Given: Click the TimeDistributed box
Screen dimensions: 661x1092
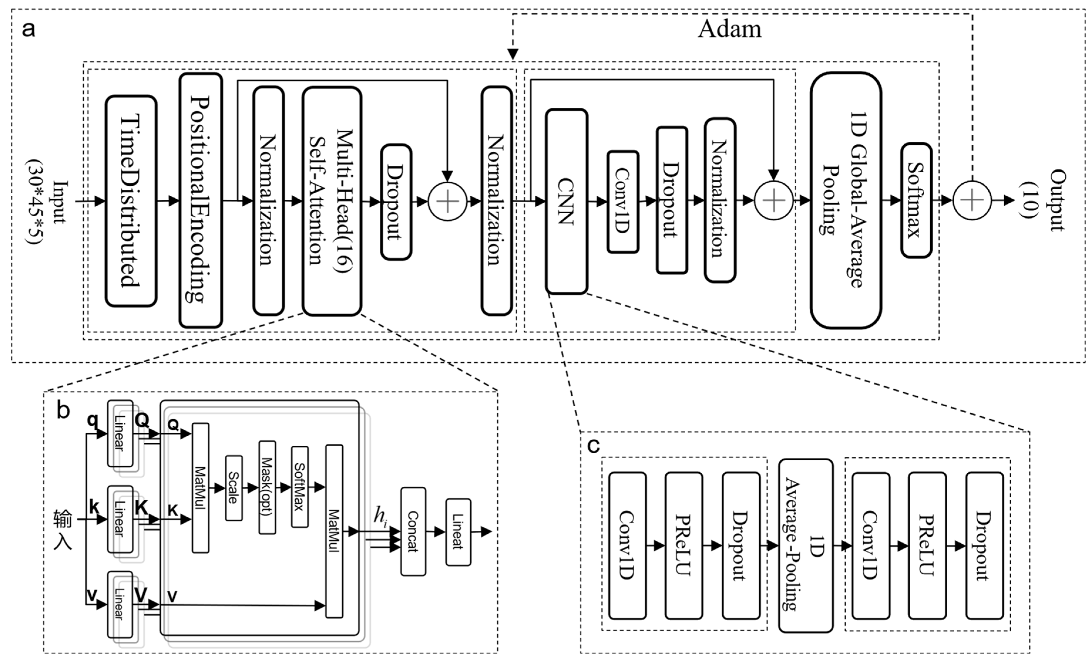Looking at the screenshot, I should click(131, 201).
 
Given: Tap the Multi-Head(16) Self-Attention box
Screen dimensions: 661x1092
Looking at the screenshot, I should click(332, 201).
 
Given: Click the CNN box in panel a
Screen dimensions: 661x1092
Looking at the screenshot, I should click(566, 201).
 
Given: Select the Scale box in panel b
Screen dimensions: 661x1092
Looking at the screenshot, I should click(233, 488).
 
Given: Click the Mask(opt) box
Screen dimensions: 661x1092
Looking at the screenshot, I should click(267, 487).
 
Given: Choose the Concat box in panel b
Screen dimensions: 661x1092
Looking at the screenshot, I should click(413, 531).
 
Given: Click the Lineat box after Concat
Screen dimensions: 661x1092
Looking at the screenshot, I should click(458, 532).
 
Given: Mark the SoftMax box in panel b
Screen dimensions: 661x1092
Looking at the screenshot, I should click(299, 486).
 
